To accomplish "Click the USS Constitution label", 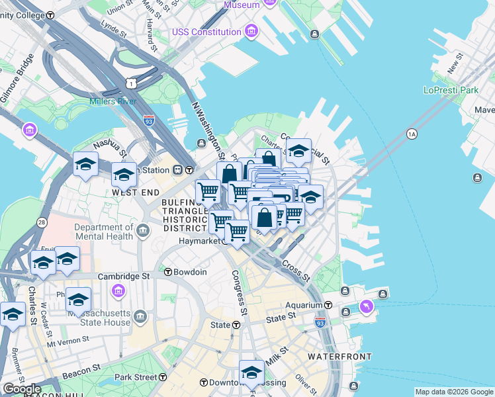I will click(206, 32).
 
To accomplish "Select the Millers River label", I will click(113, 101).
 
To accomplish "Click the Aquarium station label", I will click(304, 304).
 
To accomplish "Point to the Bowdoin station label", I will click(191, 272).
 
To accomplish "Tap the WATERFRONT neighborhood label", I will click(339, 357).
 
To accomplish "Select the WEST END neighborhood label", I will click(136, 192).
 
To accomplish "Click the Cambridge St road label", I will click(124, 276).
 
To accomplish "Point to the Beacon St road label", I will click(81, 371).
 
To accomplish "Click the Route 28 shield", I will click(42, 223).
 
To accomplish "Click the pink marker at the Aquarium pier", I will click(367, 307).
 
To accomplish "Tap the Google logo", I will click(22, 389).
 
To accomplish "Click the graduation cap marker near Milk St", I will click(251, 371).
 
